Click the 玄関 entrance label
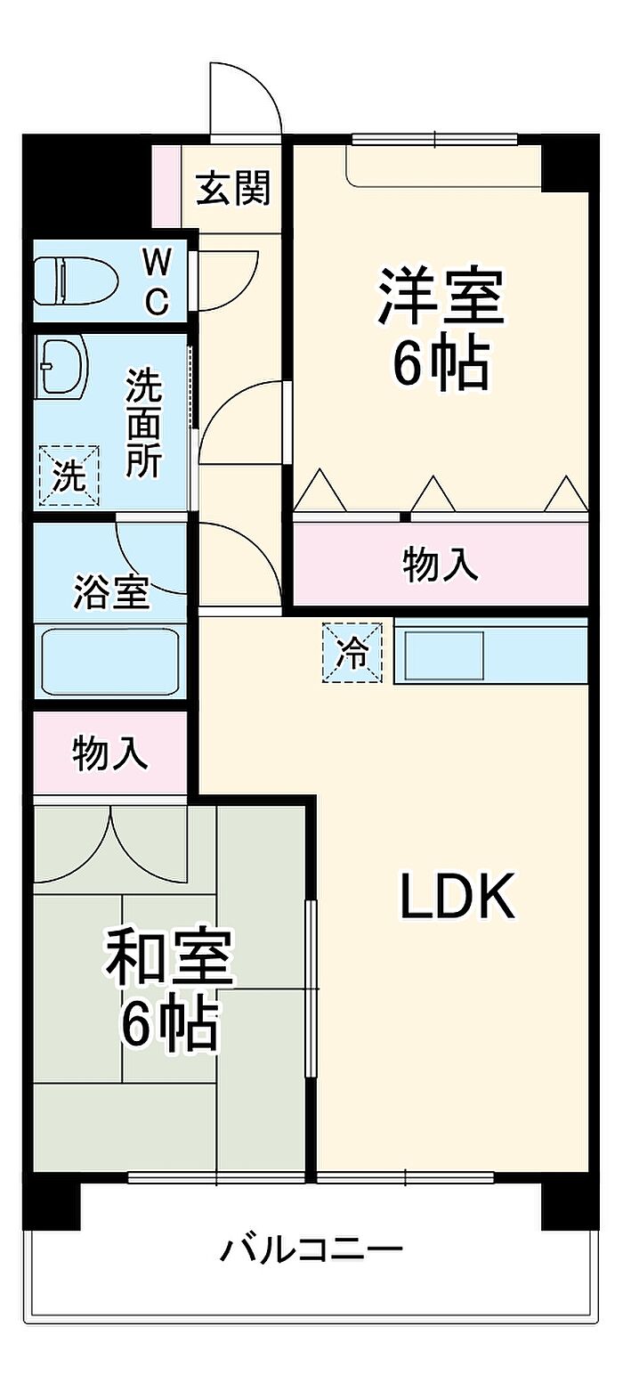pyautogui.click(x=232, y=188)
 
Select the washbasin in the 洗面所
pyautogui.click(x=62, y=366)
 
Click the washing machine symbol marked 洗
pyautogui.click(x=69, y=475)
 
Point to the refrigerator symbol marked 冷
pyautogui.click(x=352, y=653)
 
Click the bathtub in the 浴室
pyautogui.click(x=110, y=662)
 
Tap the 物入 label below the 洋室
pyautogui.click(x=441, y=565)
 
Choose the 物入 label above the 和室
pyautogui.click(x=109, y=754)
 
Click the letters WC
pyautogui.click(x=158, y=283)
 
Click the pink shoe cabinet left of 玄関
pyautogui.click(x=166, y=186)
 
